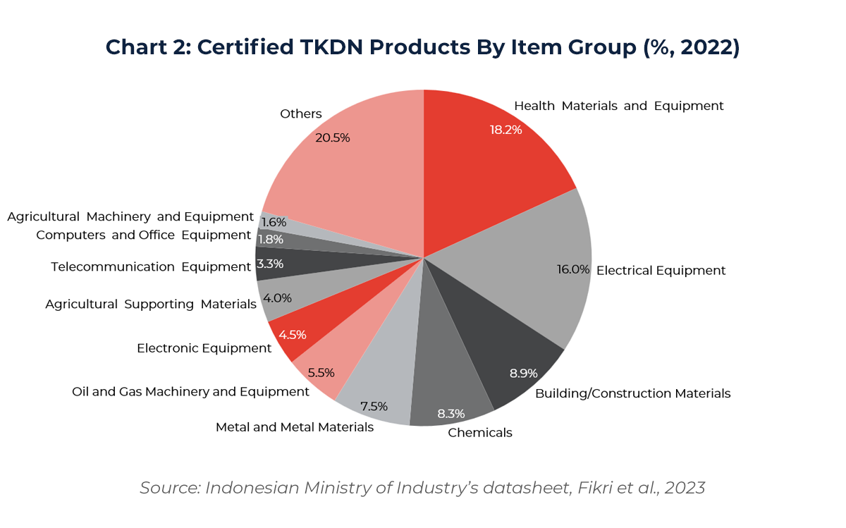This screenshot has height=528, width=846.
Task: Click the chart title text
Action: click(x=422, y=47)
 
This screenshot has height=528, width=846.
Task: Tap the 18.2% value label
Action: click(x=505, y=130)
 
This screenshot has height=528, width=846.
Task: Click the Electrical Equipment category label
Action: click(x=661, y=271)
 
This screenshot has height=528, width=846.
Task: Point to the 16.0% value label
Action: click(x=572, y=269)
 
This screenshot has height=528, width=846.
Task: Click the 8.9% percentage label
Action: click(x=524, y=373)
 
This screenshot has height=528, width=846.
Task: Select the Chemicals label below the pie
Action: click(x=480, y=433)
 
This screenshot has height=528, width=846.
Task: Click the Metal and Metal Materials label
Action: click(x=295, y=427)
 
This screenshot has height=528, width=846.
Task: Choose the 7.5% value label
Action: click(x=374, y=406)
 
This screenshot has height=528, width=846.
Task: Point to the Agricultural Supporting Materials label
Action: click(x=151, y=305)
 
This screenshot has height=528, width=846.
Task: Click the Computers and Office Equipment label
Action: click(x=144, y=235)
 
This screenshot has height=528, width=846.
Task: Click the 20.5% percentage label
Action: click(x=333, y=138)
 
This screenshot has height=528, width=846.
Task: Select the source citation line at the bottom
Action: click(x=422, y=488)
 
